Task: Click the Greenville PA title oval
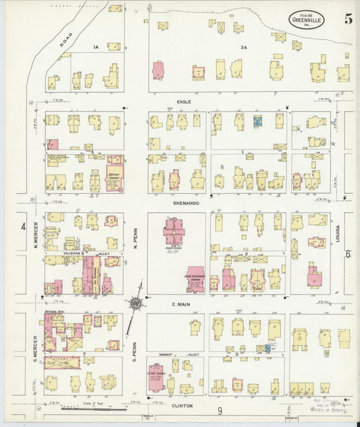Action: (310, 18)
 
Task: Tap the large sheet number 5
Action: (347, 18)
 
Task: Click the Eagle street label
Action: (184, 102)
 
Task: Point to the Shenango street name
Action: (184, 201)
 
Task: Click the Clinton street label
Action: (182, 406)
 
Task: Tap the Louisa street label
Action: (338, 234)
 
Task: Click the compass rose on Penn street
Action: (136, 303)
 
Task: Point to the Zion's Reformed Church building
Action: (195, 278)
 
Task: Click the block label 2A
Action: (244, 47)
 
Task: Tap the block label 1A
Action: (96, 47)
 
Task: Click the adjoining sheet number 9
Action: (220, 410)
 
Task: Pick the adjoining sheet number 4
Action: (23, 227)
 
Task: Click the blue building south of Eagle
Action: (257, 121)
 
